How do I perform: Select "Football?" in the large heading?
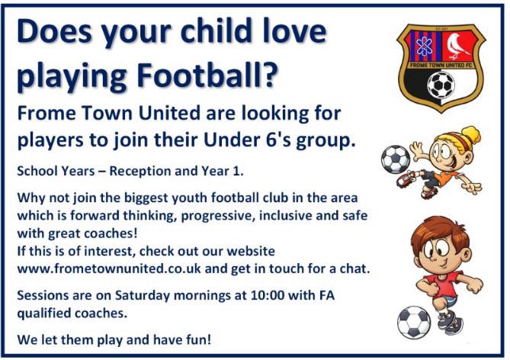(x=204, y=76)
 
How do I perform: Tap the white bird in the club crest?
(x=458, y=45)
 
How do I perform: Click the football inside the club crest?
(x=440, y=84)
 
